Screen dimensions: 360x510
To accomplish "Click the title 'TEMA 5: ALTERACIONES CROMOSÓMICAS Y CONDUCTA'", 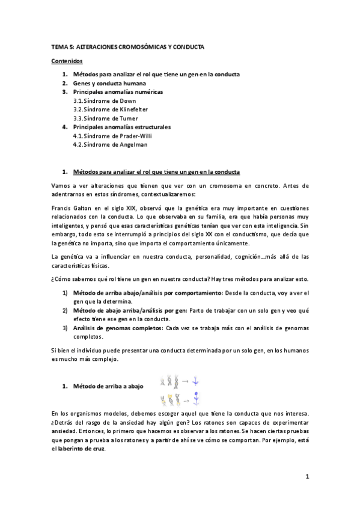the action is click(x=127, y=46).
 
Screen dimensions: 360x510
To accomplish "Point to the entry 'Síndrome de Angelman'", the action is click(x=103, y=144).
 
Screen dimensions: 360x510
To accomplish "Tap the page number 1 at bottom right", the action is click(x=307, y=478).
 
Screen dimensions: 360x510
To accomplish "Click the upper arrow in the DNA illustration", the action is click(x=185, y=381).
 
